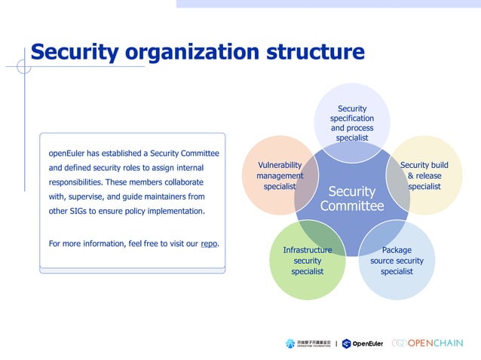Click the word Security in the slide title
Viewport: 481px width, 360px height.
(75, 52)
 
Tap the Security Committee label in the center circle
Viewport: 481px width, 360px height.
(351, 199)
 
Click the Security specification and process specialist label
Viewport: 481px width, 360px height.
(352, 124)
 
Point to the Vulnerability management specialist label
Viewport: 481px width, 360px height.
(280, 175)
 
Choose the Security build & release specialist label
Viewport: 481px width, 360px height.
(424, 175)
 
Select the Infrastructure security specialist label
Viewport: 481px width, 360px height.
(307, 261)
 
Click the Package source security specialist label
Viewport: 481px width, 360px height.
(397, 261)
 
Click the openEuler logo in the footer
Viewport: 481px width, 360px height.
(363, 343)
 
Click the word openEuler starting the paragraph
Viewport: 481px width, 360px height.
(66, 153)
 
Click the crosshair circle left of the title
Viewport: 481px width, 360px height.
(24, 66)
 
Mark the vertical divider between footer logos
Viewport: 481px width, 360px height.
(335, 343)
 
